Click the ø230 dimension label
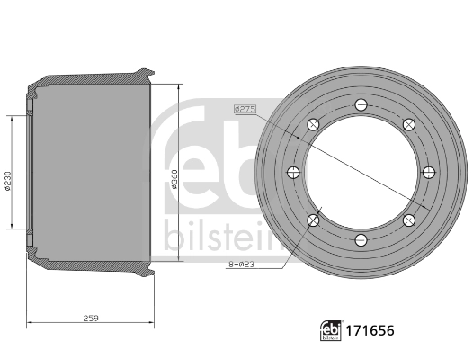(x=8, y=182)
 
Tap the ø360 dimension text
(x=174, y=179)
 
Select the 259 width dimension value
(x=91, y=318)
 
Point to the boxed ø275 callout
(x=245, y=109)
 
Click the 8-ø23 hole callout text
(x=241, y=265)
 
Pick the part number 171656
(x=370, y=330)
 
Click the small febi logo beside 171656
(x=331, y=330)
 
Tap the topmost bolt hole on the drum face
(x=361, y=105)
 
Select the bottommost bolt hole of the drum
(x=361, y=240)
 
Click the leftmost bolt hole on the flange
(x=293, y=173)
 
